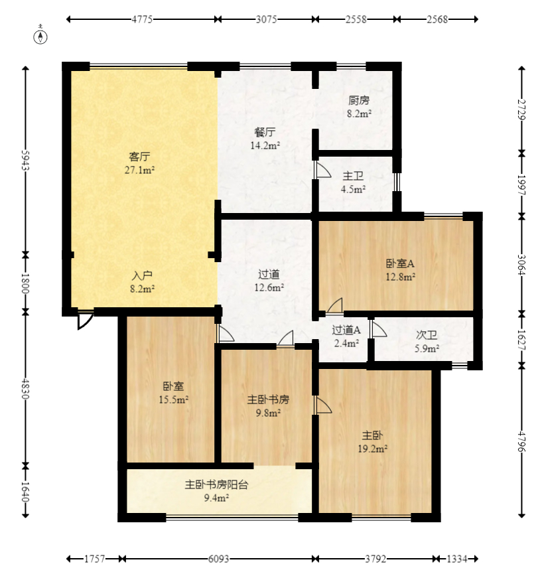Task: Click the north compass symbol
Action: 41,36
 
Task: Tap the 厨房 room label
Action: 359,101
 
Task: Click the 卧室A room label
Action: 401,263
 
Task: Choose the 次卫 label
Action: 426,335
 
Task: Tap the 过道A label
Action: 346,330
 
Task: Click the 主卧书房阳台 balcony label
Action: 216,485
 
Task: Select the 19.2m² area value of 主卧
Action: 372,449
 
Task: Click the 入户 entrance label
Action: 142,275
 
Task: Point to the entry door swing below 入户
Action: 84,321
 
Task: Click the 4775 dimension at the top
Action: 142,20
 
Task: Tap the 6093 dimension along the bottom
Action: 219,559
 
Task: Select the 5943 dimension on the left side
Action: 26,159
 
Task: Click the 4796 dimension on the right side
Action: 521,442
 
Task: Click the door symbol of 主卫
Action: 323,171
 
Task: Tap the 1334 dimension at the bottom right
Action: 456,559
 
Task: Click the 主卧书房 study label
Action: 268,400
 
